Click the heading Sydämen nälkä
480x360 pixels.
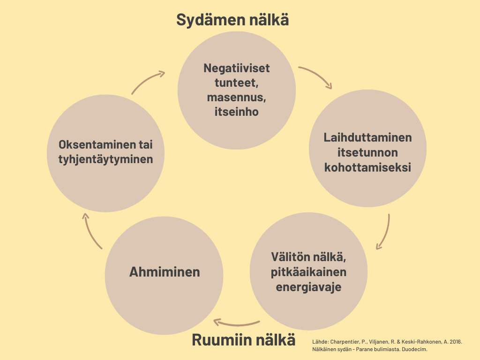click(232, 20)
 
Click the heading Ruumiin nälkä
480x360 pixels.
click(244, 340)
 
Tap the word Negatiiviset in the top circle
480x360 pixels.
click(237, 68)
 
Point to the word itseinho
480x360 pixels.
click(236, 112)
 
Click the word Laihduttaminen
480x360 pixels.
click(367, 138)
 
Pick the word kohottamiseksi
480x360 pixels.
click(367, 167)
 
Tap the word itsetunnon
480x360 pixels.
click(367, 152)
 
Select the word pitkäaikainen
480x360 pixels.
click(308, 272)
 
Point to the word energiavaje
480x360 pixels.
click(308, 287)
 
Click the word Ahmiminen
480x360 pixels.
click(165, 272)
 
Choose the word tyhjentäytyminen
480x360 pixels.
click(106, 159)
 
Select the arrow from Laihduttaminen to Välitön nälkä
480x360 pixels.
click(385, 232)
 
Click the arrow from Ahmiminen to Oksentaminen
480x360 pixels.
click(91, 232)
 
